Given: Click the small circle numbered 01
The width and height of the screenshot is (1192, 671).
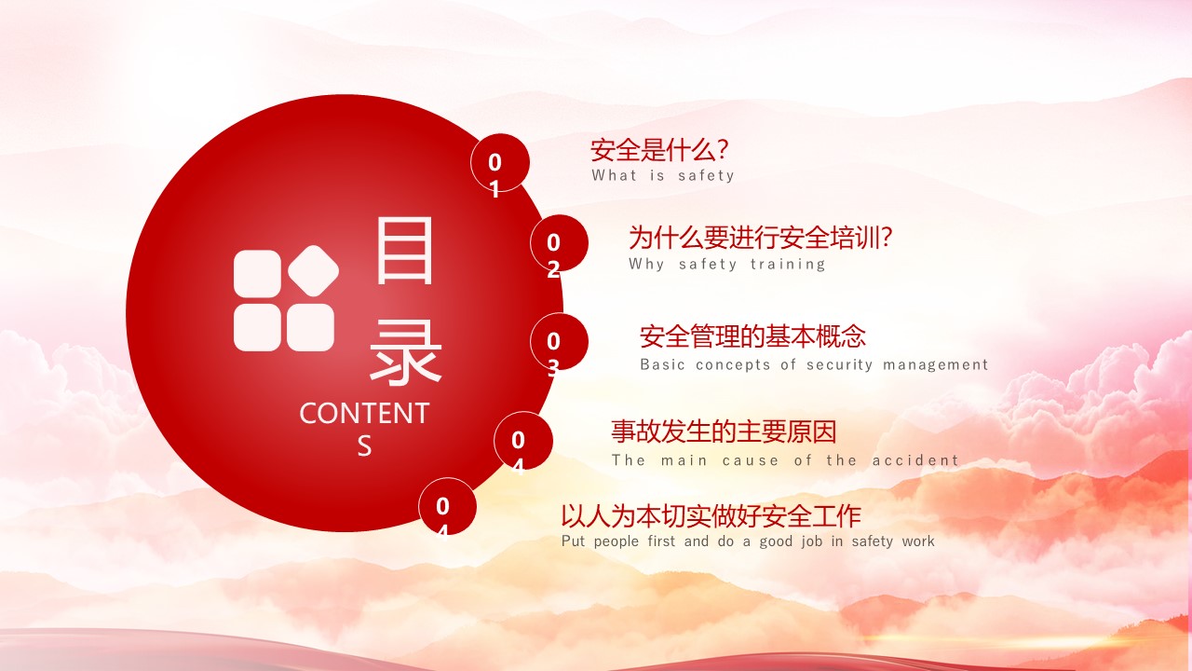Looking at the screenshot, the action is tap(500, 162).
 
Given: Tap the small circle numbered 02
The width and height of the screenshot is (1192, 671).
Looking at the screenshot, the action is tap(559, 243).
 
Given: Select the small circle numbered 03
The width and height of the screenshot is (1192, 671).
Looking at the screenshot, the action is tap(559, 342).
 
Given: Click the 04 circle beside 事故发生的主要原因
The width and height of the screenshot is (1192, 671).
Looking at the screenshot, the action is tap(523, 441).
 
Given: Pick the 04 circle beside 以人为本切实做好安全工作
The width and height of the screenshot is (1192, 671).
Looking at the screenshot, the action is tap(447, 506).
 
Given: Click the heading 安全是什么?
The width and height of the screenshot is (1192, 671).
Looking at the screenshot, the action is tap(659, 150).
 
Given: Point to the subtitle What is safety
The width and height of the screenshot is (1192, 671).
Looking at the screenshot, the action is tap(663, 175).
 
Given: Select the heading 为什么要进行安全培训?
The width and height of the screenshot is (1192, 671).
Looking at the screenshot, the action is tap(761, 237).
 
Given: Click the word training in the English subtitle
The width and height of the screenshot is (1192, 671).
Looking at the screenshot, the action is tap(788, 264).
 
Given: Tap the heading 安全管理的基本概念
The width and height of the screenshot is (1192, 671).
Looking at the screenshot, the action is tap(752, 336).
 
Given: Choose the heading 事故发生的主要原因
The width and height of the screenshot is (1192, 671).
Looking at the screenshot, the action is tap(724, 431).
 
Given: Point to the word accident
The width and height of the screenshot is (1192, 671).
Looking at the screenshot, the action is tap(915, 460).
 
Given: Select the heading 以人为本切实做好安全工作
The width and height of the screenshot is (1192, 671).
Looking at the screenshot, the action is tap(711, 515).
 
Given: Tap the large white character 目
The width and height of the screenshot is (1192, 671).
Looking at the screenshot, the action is tap(404, 251).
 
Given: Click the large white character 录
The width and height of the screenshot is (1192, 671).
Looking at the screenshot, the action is tap(405, 352).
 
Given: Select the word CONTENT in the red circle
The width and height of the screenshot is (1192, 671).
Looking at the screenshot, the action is tap(364, 413).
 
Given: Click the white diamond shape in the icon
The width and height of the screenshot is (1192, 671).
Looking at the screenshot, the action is tap(314, 270).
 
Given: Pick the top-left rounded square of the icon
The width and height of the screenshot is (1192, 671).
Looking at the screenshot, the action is tap(258, 274).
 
